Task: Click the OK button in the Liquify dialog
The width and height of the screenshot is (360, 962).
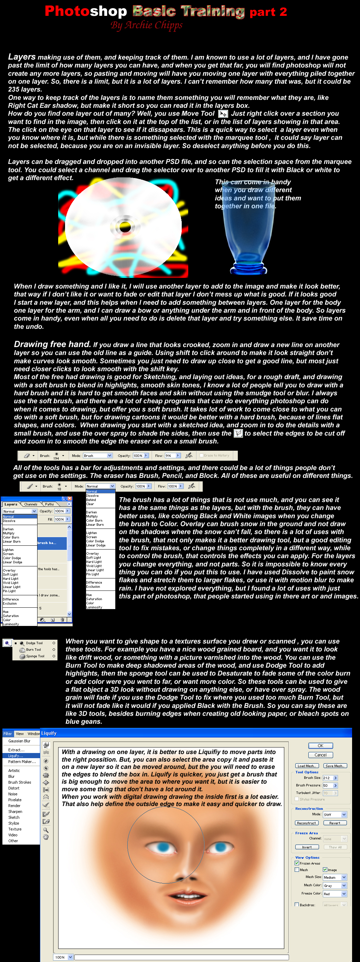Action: pos(320,746)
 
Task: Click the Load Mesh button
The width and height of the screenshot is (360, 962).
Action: pos(307,765)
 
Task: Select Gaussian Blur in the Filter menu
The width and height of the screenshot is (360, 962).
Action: pos(19,741)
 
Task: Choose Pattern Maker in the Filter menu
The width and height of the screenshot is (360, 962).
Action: pos(22,762)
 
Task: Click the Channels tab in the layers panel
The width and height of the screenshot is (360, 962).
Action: pos(31,504)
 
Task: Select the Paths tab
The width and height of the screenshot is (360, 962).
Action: pos(49,504)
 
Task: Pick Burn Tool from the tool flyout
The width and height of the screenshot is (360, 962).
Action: pos(33,649)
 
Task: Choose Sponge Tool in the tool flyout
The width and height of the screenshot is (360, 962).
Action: pos(35,656)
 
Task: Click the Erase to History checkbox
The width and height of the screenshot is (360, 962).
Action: pos(202,455)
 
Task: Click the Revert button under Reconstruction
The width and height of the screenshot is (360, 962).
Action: pos(335,823)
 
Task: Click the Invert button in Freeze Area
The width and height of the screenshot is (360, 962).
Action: pos(307,847)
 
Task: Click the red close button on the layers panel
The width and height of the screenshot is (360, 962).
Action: pos(70,499)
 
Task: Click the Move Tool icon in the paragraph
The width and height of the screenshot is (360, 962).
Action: pos(223,114)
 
